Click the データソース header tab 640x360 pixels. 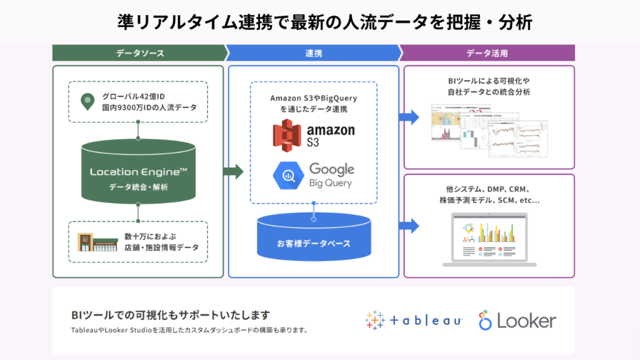pos(139,53)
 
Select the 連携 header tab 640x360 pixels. pos(313,53)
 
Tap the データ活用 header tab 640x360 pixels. pos(487,53)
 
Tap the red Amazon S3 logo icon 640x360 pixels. pos(287,134)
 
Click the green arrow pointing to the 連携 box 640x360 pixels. pos(232,171)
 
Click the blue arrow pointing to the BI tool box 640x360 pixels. pos(409,116)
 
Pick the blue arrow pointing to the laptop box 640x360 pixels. pos(409,226)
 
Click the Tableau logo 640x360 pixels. pos(414,321)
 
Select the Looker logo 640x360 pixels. pos(517,321)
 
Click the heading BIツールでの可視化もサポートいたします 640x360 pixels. pos(171,314)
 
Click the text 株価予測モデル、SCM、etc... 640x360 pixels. pos(489,201)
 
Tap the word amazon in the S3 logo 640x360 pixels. pos(330,129)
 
